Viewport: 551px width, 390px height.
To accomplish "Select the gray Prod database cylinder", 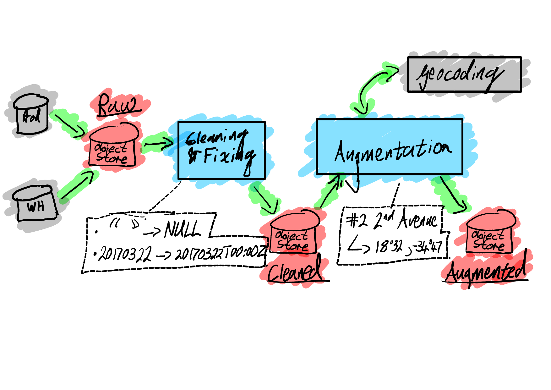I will (31, 115).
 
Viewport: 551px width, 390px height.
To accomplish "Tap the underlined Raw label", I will (117, 105).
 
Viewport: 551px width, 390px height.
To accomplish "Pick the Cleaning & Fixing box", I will (221, 150).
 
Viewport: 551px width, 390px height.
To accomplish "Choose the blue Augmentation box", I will (389, 146).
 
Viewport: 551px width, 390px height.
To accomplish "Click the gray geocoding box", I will (464, 74).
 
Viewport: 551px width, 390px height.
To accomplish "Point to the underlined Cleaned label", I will (295, 271).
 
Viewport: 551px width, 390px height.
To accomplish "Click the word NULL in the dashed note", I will (182, 229).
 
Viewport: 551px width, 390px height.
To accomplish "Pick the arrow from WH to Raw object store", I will (77, 185).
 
